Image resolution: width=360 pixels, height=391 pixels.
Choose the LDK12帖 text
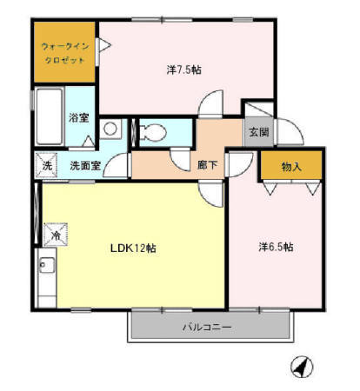(x=132, y=248)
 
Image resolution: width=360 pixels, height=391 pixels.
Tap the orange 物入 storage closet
(x=291, y=165)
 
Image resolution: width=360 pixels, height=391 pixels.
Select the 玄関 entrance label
(x=258, y=133)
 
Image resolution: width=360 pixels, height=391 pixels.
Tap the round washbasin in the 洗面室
(x=110, y=129)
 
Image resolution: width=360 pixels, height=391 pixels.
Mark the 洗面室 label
(x=84, y=164)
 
